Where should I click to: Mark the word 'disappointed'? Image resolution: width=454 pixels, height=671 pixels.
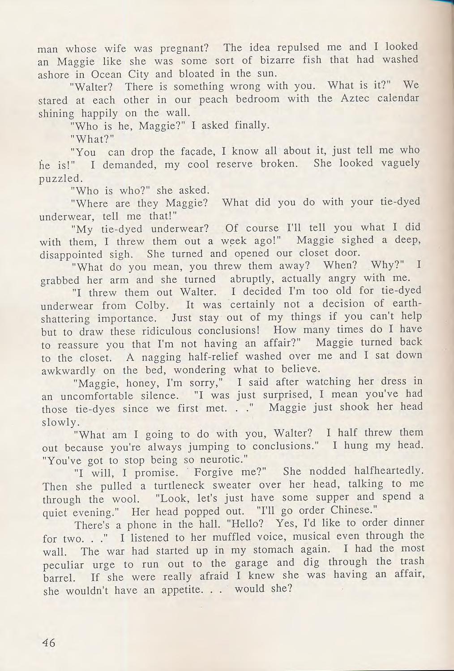click(x=72, y=255)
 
